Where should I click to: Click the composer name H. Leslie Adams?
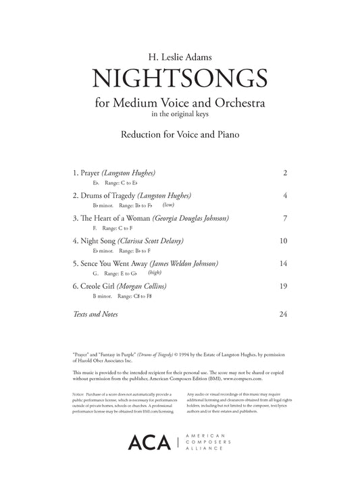point(180,47)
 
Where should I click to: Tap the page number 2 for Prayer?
point(286,174)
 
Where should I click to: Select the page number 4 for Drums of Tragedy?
point(286,196)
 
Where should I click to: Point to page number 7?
point(286,219)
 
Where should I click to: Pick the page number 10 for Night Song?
point(284,241)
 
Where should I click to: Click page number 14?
point(284,263)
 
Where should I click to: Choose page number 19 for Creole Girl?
point(284,286)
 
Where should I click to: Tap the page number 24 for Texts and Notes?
point(284,315)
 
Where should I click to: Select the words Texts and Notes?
point(94,315)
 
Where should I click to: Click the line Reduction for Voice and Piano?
point(180,134)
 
